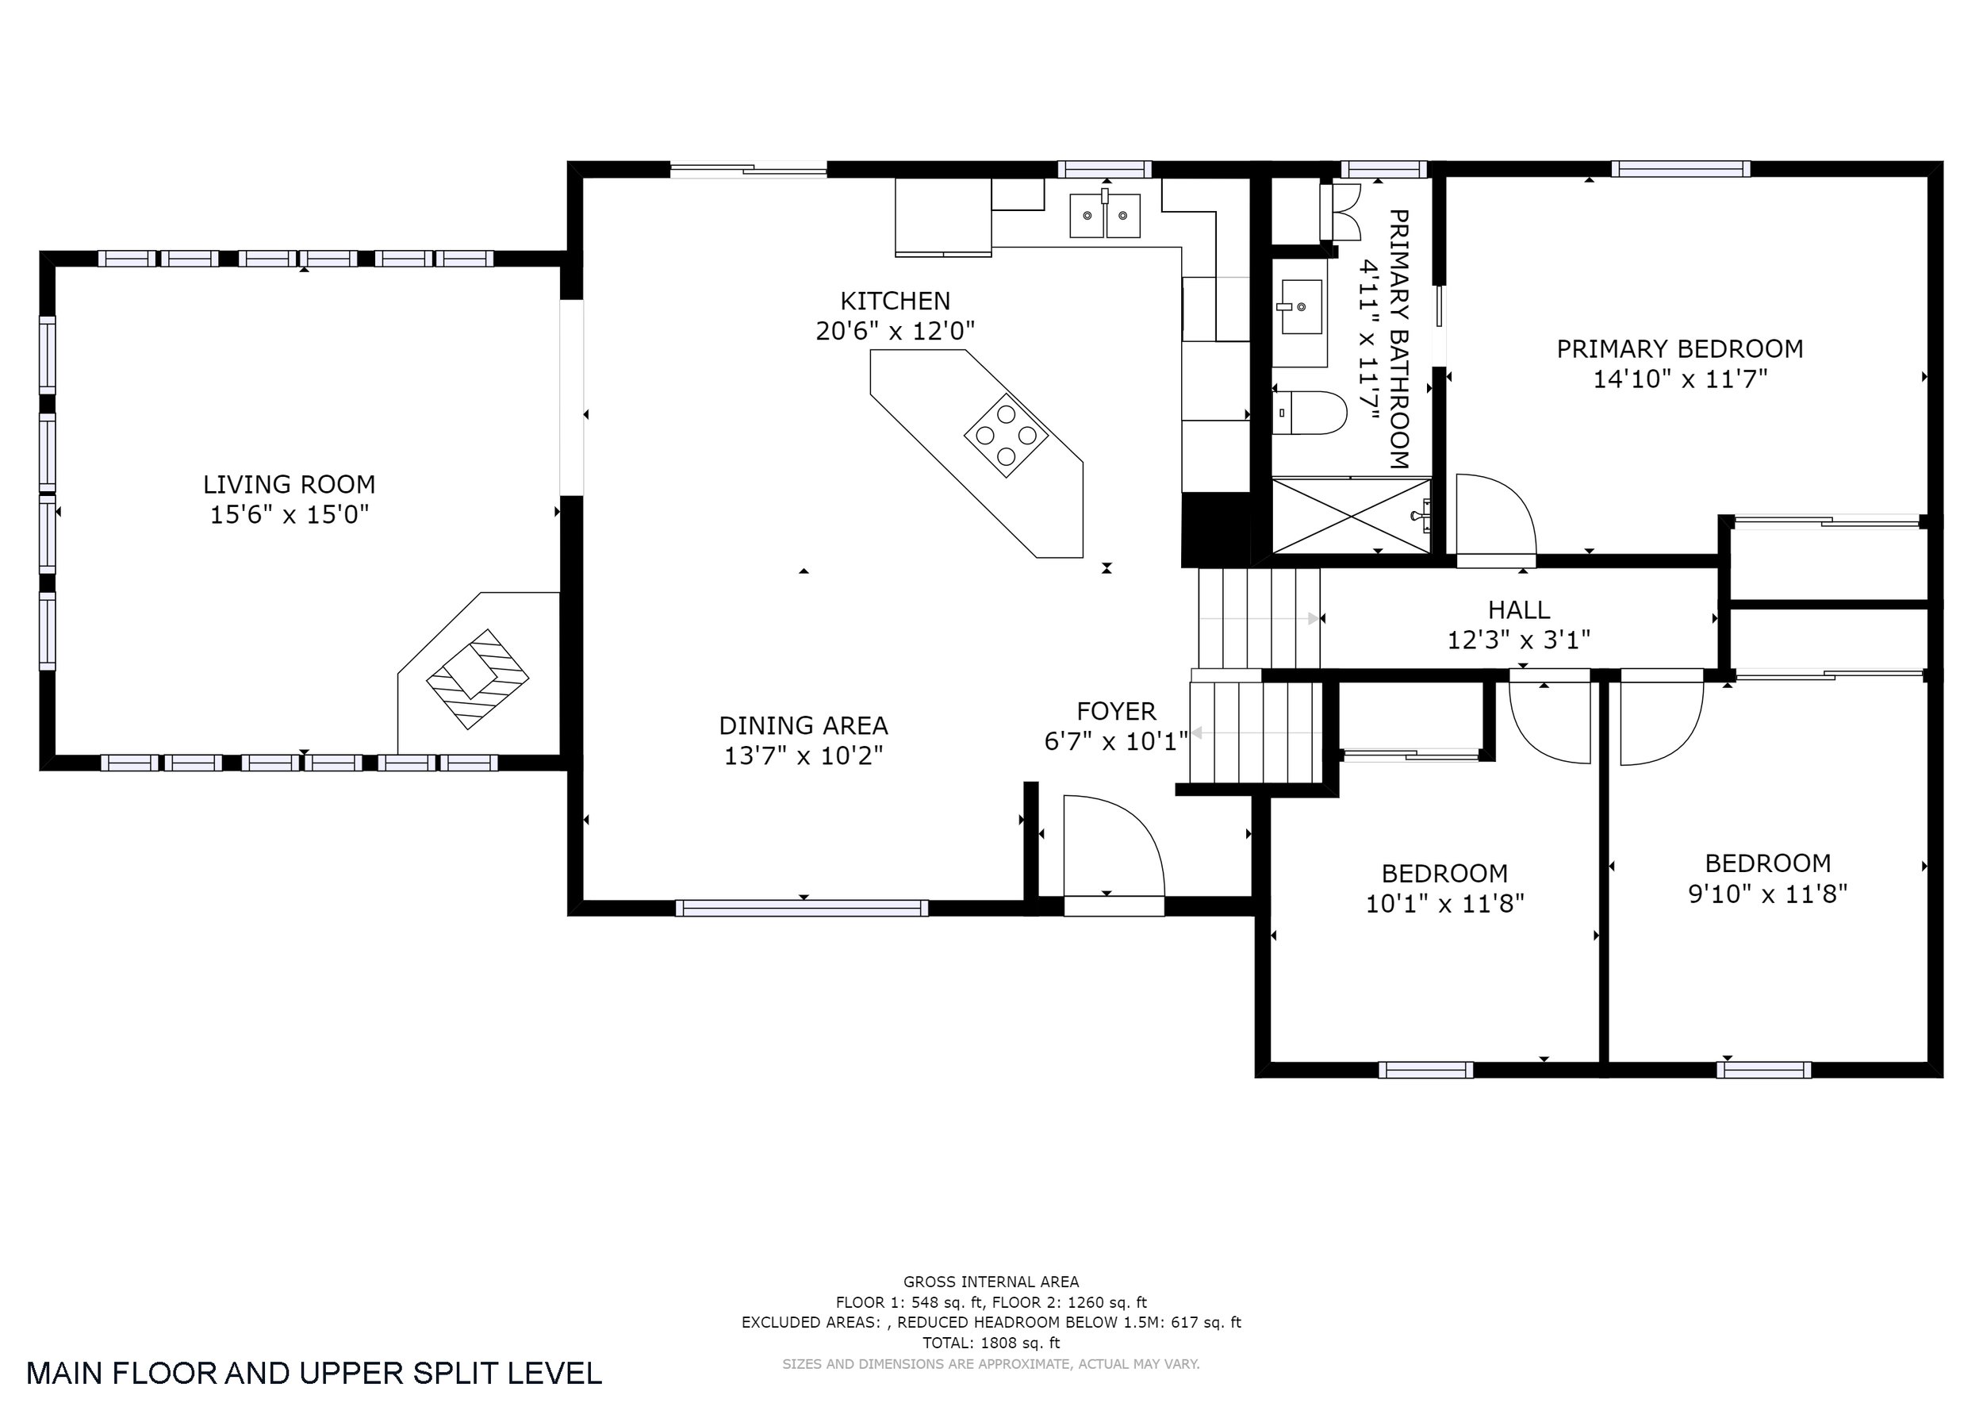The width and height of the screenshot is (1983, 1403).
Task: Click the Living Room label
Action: click(290, 484)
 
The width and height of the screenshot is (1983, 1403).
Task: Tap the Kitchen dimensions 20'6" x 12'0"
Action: click(895, 331)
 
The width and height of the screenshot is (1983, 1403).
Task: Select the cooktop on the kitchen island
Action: click(1007, 436)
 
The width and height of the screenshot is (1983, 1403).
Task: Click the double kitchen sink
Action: click(1105, 215)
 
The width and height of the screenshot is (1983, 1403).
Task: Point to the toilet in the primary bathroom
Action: click(1310, 413)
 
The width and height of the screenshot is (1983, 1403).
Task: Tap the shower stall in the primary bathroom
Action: click(1351, 516)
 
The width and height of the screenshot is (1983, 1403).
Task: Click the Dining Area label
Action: click(804, 725)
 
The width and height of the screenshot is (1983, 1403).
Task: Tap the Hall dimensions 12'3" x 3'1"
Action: click(1519, 640)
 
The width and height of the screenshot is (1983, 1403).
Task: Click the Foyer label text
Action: click(1116, 711)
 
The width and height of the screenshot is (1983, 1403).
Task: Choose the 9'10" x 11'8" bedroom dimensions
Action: click(1768, 894)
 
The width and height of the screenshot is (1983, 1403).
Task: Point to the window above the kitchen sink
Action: click(1105, 169)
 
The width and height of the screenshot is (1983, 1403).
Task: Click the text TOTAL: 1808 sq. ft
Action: click(991, 1343)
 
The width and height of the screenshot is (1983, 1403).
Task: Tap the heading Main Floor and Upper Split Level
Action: click(314, 1373)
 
